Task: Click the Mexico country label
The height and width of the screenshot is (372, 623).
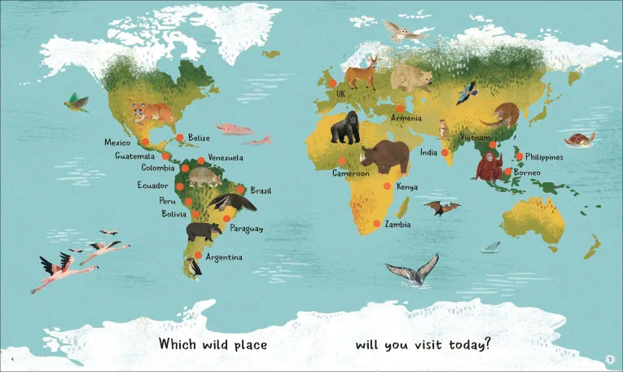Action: click(117, 142)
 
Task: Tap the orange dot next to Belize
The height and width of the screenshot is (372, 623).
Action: click(180, 138)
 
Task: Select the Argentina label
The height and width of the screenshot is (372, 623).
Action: click(224, 257)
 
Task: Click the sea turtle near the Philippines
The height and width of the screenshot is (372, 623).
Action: click(580, 140)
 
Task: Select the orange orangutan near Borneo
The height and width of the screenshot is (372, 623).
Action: click(489, 166)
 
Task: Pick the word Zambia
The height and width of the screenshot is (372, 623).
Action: click(398, 224)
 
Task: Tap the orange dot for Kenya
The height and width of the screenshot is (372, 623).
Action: click(387, 186)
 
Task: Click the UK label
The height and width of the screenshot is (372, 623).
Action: click(341, 94)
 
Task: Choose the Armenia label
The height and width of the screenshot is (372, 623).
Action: click(406, 118)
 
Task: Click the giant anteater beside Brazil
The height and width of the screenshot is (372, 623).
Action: click(231, 201)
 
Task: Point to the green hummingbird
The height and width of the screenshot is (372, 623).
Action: click(77, 102)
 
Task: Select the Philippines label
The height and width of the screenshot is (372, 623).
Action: click(544, 156)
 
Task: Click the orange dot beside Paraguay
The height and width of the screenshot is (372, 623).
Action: click(222, 219)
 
